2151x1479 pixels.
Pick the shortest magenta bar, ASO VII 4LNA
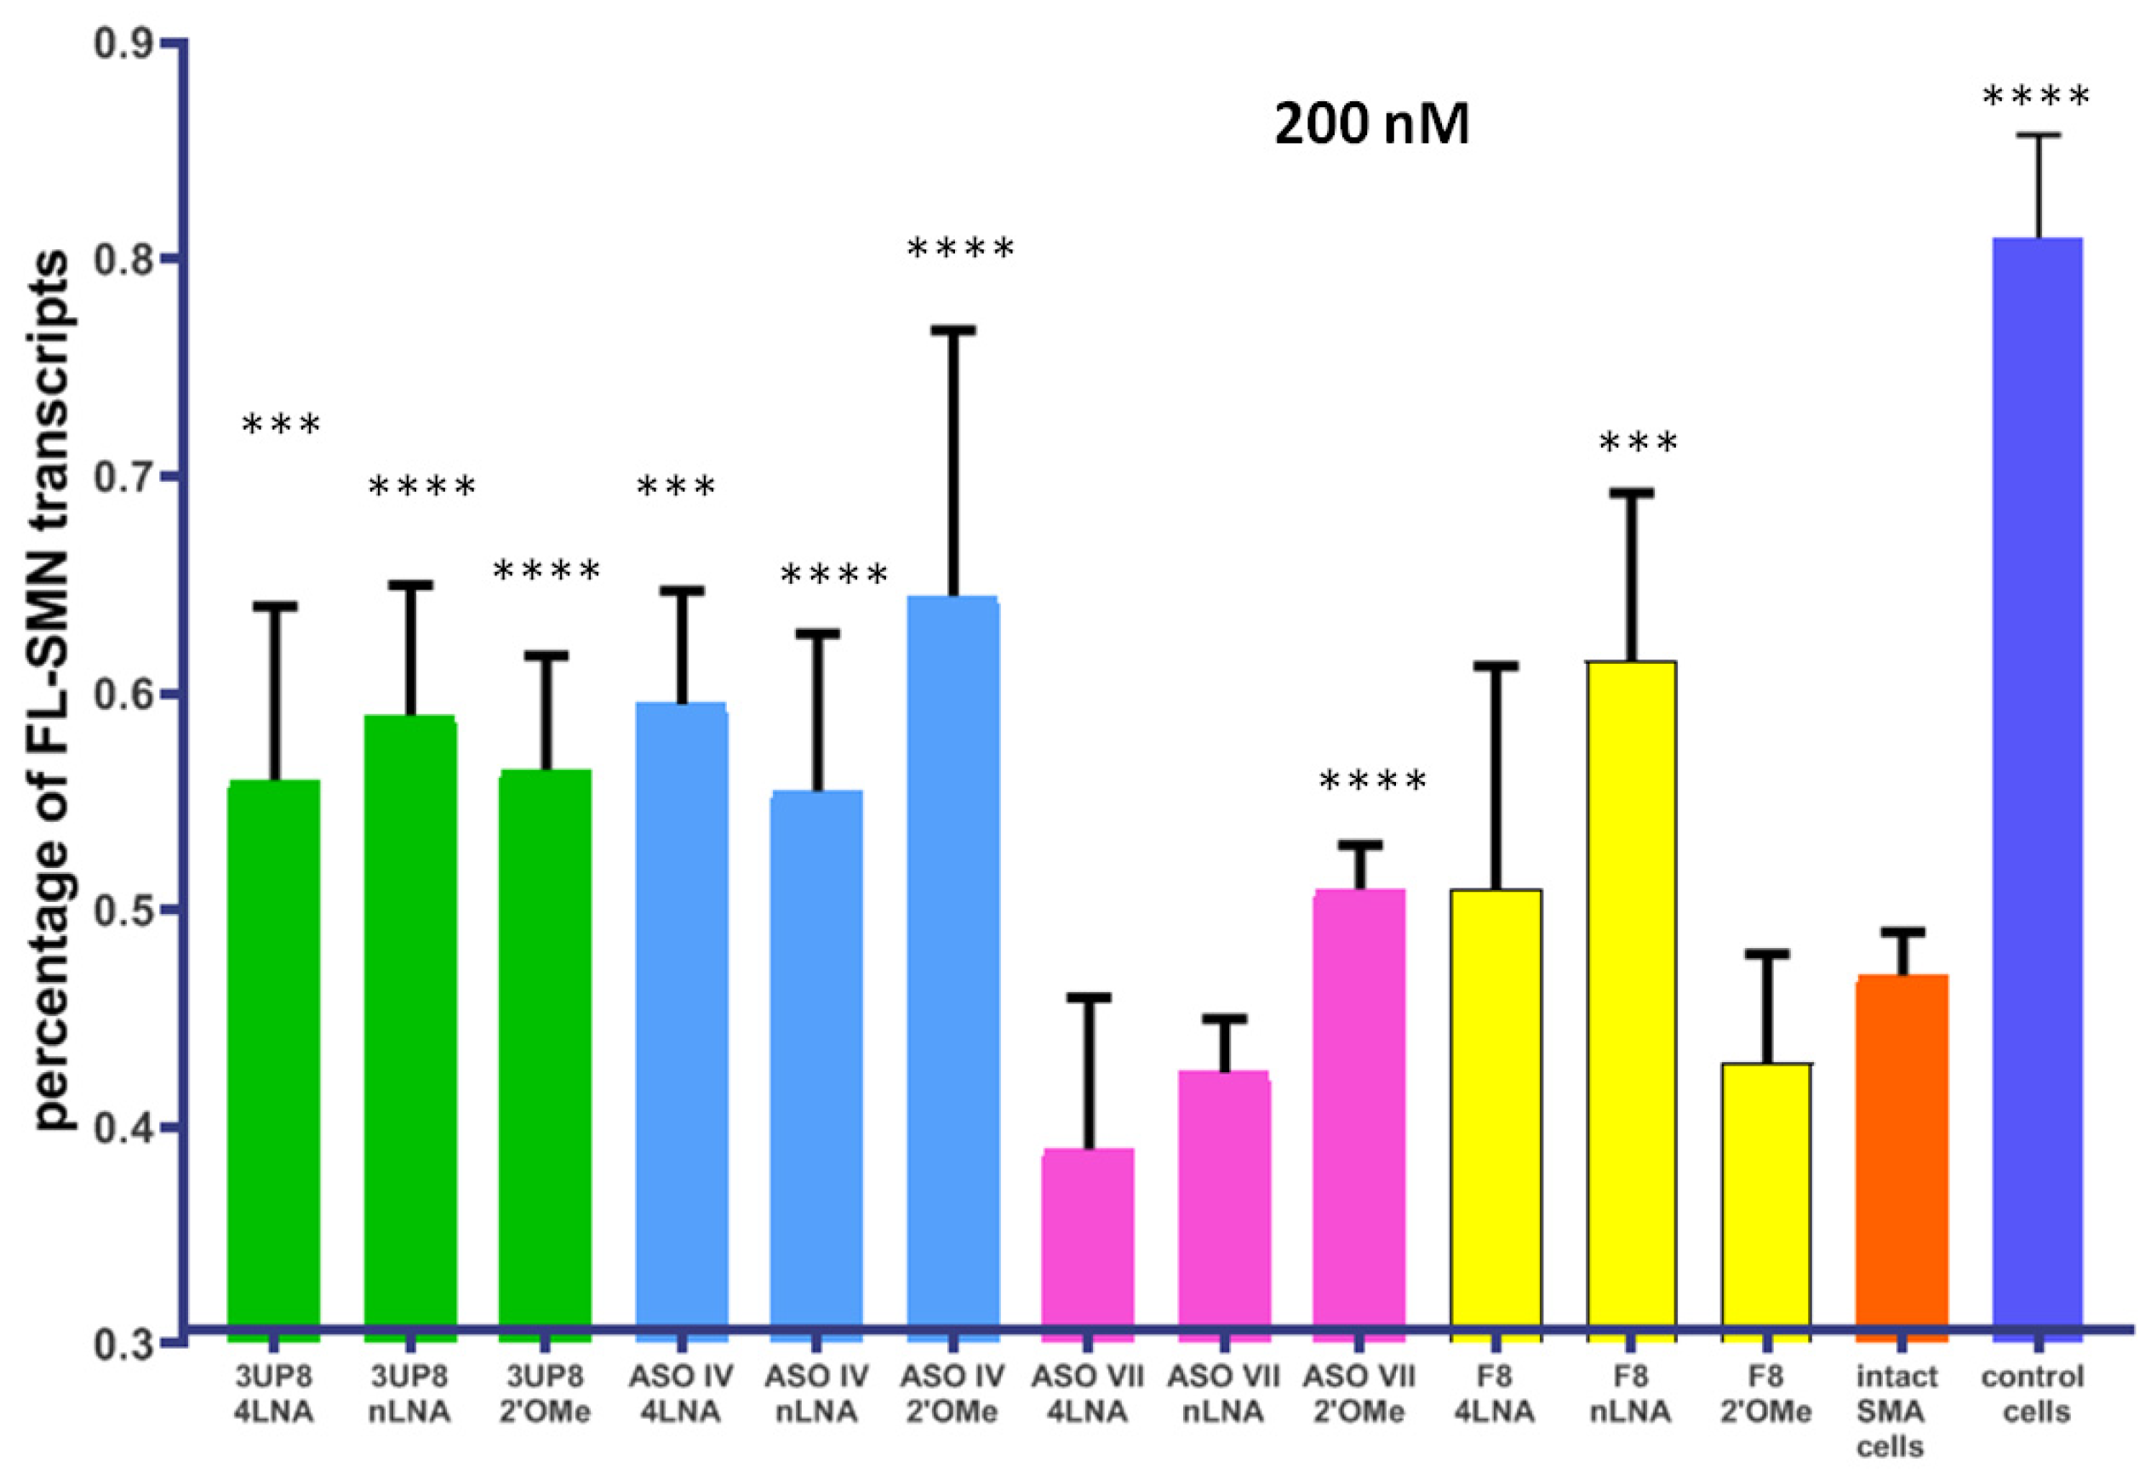pos(1088,1242)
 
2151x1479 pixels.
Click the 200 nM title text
pos(1371,125)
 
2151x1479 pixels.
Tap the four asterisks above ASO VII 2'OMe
pos(1372,781)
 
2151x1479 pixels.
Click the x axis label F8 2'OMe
pos(1766,1394)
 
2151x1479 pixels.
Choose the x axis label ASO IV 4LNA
pos(680,1394)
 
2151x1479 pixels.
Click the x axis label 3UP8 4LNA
pos(274,1394)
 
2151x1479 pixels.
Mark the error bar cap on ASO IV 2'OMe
pos(953,331)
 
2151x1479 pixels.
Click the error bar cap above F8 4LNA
pos(1495,666)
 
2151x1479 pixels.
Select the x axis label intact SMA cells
pos(1896,1412)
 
